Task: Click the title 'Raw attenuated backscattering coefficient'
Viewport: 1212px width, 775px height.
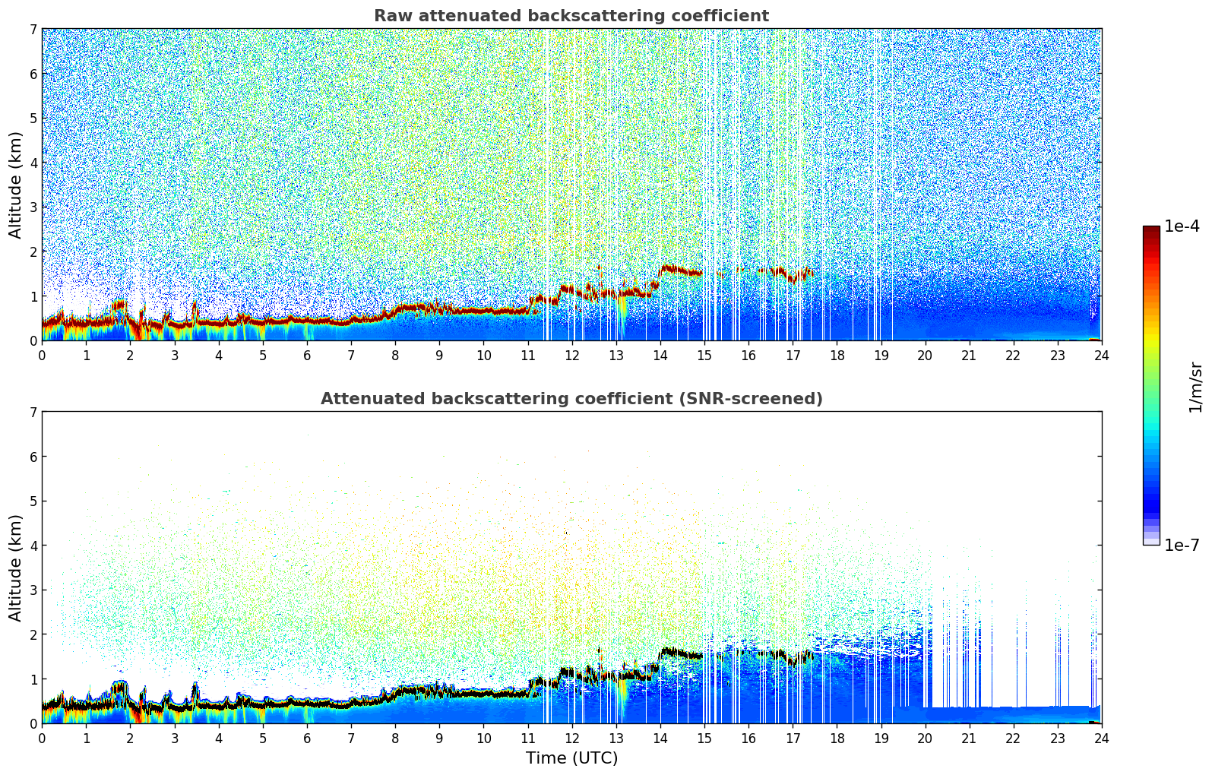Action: click(x=571, y=16)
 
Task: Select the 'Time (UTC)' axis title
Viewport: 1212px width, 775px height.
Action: click(x=571, y=758)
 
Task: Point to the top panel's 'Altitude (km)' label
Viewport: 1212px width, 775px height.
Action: click(x=16, y=185)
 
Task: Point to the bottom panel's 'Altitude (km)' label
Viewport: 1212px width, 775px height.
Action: click(x=16, y=568)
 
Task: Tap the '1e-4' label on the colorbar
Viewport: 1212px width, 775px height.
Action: click(x=1182, y=226)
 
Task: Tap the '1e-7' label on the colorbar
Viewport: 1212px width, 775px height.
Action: click(x=1182, y=545)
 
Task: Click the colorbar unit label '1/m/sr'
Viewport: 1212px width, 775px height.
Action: click(x=1195, y=387)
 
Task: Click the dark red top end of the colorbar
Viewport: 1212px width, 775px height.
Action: click(x=1151, y=229)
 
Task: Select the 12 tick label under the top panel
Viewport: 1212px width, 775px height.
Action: click(x=571, y=355)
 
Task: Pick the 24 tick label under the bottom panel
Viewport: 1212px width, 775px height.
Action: click(x=1101, y=738)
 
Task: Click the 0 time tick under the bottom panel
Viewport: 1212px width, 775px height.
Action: click(x=42, y=738)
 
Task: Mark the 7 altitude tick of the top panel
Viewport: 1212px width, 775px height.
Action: click(x=33, y=30)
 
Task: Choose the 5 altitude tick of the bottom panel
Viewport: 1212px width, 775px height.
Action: click(x=33, y=501)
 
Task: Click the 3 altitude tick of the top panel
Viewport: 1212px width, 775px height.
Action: click(x=33, y=207)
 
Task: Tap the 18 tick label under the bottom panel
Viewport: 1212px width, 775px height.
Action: click(x=837, y=738)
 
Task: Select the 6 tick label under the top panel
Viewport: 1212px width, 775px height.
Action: click(x=307, y=355)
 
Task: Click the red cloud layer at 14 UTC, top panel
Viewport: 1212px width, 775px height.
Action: click(x=669, y=268)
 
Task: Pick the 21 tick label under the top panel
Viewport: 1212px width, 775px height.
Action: click(x=969, y=355)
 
